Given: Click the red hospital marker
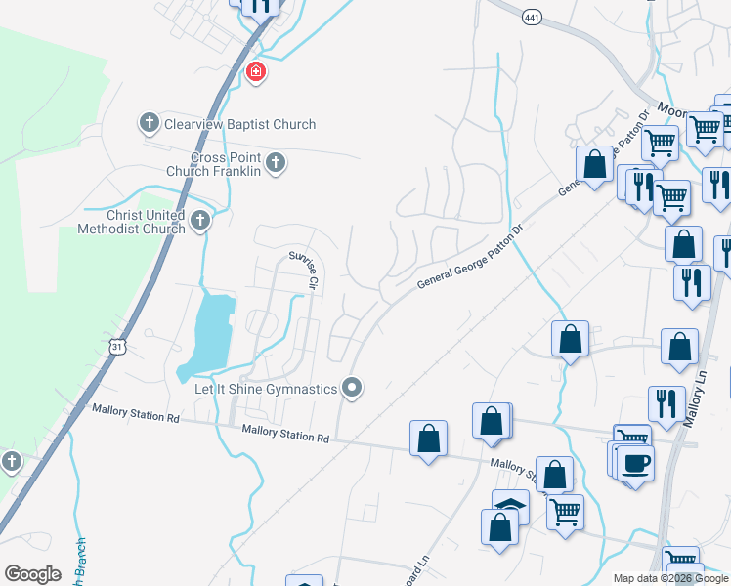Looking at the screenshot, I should point(256,71).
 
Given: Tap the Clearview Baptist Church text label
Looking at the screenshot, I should point(240,124).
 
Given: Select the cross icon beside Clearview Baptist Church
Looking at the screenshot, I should point(149,123).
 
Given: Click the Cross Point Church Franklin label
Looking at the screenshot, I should point(226,164).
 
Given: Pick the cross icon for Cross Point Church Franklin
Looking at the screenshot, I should point(276,163).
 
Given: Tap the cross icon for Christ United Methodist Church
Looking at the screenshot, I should point(200,220).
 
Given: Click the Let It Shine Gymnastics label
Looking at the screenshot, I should point(265,389).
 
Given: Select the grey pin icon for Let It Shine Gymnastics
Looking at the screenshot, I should point(352,389).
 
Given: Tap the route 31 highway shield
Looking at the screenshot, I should point(118,347).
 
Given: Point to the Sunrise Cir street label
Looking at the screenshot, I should point(304,271).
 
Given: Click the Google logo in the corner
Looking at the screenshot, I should point(32,574).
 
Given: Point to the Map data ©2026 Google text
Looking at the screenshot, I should point(671,578).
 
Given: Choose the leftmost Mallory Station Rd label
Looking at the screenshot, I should point(136,417).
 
